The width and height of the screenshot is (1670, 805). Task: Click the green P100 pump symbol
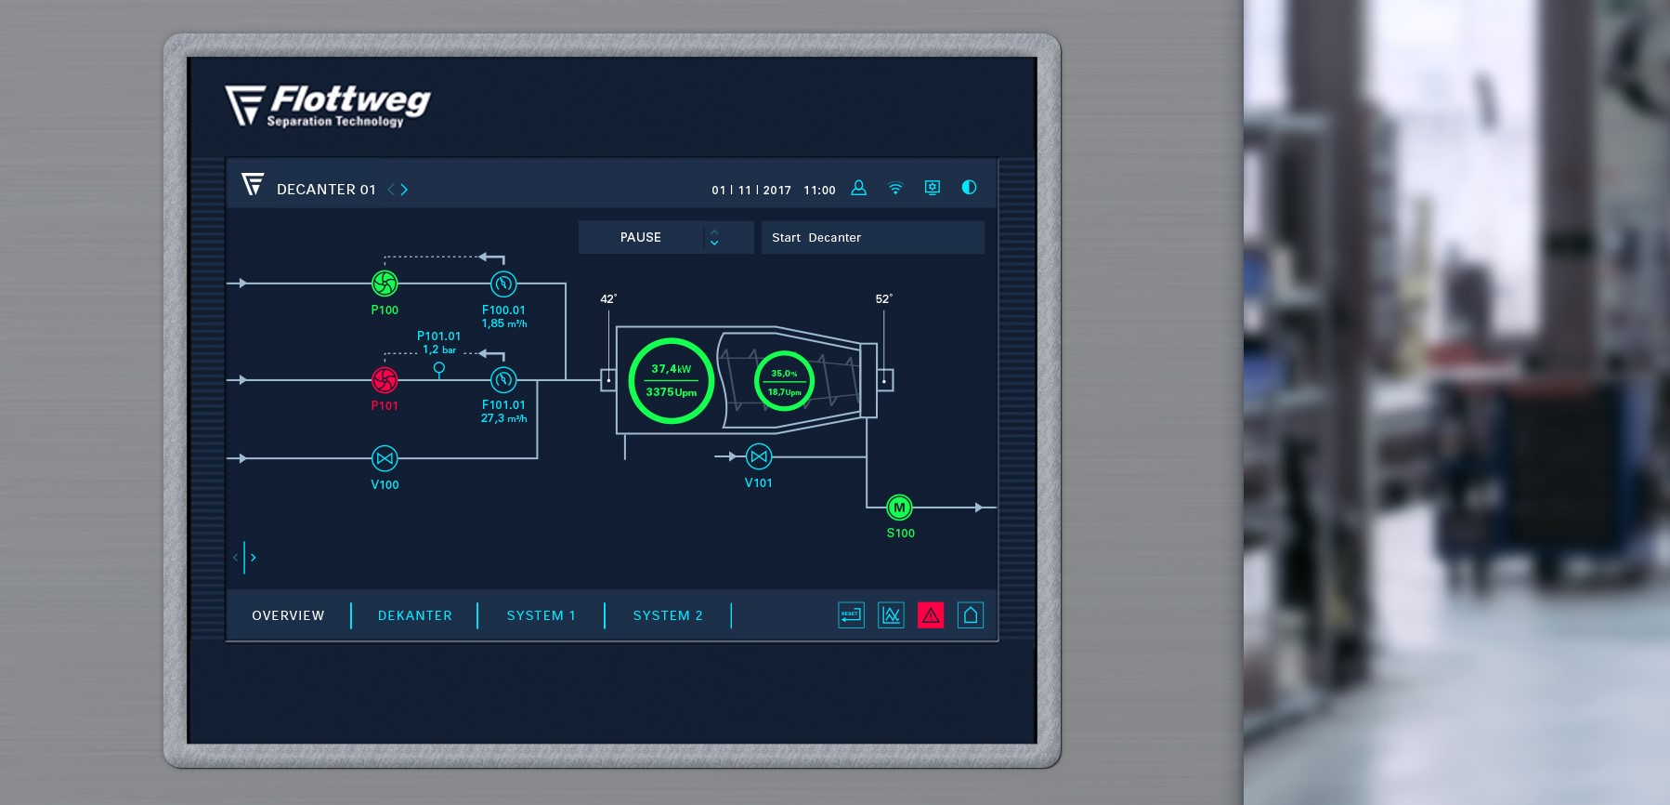pos(385,283)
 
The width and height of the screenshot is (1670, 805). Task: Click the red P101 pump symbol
pos(385,379)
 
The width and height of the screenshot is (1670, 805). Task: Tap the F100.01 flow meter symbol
pos(503,284)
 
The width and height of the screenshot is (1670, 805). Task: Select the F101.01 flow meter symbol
pos(503,379)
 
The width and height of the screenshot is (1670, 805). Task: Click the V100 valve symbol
pos(385,458)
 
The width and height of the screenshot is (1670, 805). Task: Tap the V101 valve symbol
pos(759,456)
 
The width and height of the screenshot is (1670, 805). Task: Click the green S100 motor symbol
pos(898,508)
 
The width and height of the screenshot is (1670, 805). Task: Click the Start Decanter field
pos(872,237)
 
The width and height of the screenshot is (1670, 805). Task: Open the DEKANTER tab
pos(415,615)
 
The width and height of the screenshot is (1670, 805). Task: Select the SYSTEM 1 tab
pos(541,615)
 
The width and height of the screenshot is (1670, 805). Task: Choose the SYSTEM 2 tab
pos(668,615)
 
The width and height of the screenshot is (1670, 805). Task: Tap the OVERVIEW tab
pos(288,615)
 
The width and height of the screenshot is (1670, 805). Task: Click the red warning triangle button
pos(931,614)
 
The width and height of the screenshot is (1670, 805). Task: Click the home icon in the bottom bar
pos(971,614)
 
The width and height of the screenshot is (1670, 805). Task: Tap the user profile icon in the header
pos(859,188)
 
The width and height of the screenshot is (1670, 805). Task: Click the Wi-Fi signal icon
pos(895,188)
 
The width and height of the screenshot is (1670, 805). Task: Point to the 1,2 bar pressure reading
pos(439,350)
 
